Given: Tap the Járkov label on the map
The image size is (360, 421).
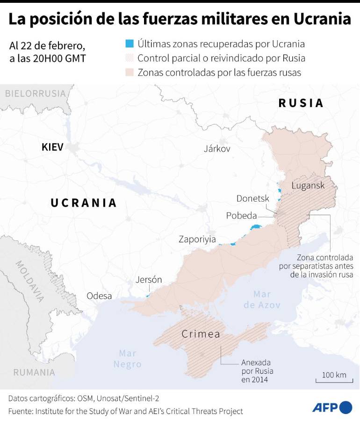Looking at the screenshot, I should tap(217, 149).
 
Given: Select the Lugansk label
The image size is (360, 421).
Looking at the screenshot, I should tap(308, 185).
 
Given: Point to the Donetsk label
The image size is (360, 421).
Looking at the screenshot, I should tap(252, 198).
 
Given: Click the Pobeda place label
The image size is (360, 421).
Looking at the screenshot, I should tap(241, 216).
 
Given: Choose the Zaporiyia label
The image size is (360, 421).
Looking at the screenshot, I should tap(197, 240).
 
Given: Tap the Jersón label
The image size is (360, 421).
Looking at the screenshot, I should tap(149, 280).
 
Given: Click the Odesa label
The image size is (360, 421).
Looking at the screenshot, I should tap(99, 296).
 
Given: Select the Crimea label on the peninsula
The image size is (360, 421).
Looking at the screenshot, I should tap(201, 334).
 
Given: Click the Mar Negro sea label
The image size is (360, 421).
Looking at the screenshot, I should tap(127, 358).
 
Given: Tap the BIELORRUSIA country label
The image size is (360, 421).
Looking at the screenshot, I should tap(36, 94).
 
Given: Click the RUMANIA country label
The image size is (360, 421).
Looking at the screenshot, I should tap(34, 372).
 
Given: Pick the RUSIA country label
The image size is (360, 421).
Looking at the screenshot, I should tap(301, 103).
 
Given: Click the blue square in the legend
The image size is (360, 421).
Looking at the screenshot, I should tap(130, 44).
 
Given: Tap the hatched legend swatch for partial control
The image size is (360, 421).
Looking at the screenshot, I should tap(130, 58).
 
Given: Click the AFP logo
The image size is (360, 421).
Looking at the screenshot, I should tap(331, 407).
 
